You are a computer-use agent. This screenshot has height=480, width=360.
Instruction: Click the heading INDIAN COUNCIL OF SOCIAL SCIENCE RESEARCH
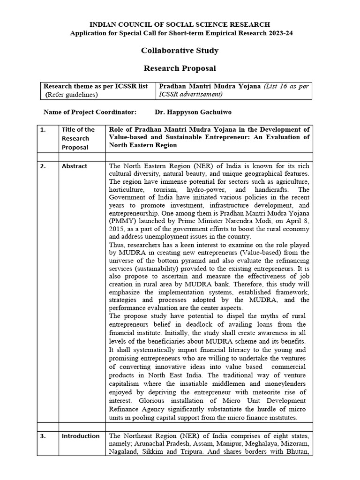[180, 24]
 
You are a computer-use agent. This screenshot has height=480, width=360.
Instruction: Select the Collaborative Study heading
[180, 51]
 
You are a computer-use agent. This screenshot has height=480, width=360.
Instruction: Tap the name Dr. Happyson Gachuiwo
[193, 112]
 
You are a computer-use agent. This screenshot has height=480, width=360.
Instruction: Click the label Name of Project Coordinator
[90, 112]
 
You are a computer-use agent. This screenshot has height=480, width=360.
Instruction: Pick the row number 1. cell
[43, 130]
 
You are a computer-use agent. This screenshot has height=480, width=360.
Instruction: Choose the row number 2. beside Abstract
[43, 166]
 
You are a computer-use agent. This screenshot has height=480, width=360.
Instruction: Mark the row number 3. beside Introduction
[43, 436]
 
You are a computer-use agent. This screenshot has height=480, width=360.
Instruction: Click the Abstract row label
[75, 166]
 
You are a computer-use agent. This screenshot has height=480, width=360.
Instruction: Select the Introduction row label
[81, 436]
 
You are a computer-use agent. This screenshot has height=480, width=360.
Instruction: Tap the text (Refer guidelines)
[72, 95]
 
